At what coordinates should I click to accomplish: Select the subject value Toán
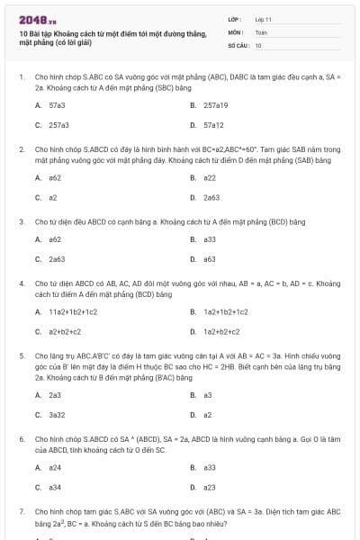point(261,31)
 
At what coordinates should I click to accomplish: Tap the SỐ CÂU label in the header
point(238,45)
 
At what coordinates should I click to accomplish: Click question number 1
point(21,77)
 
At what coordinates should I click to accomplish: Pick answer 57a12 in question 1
point(213,125)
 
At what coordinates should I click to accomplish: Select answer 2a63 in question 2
point(211,197)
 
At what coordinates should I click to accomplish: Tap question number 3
point(21,220)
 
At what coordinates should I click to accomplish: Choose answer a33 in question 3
point(210,239)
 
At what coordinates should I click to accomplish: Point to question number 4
point(21,283)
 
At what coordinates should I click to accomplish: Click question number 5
point(21,355)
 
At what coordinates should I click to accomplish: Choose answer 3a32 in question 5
point(57,414)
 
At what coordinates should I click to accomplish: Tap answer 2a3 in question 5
point(55,394)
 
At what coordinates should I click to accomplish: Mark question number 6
point(21,438)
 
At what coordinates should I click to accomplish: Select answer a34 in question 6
point(55,487)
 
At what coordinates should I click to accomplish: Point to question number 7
point(21,511)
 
